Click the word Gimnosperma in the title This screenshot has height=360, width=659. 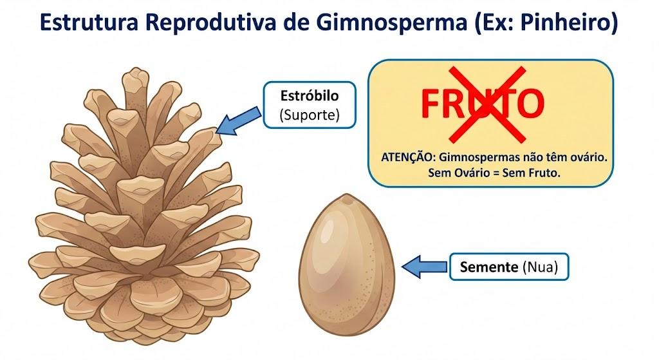point(392,23)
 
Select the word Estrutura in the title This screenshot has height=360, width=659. point(89,23)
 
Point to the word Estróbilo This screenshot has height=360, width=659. point(310,96)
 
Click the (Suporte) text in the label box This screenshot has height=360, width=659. point(310,115)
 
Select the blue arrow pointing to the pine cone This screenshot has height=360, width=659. point(238,122)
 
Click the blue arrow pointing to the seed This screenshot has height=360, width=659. point(425,267)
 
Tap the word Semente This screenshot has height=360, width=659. point(489,267)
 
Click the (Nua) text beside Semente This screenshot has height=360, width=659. point(540,267)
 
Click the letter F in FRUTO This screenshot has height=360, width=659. point(431,104)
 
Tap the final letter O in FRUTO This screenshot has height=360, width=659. point(530,104)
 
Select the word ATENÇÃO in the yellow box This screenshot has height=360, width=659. point(407,158)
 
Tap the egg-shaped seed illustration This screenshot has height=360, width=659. point(347,265)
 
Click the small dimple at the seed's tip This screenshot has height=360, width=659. point(347,201)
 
